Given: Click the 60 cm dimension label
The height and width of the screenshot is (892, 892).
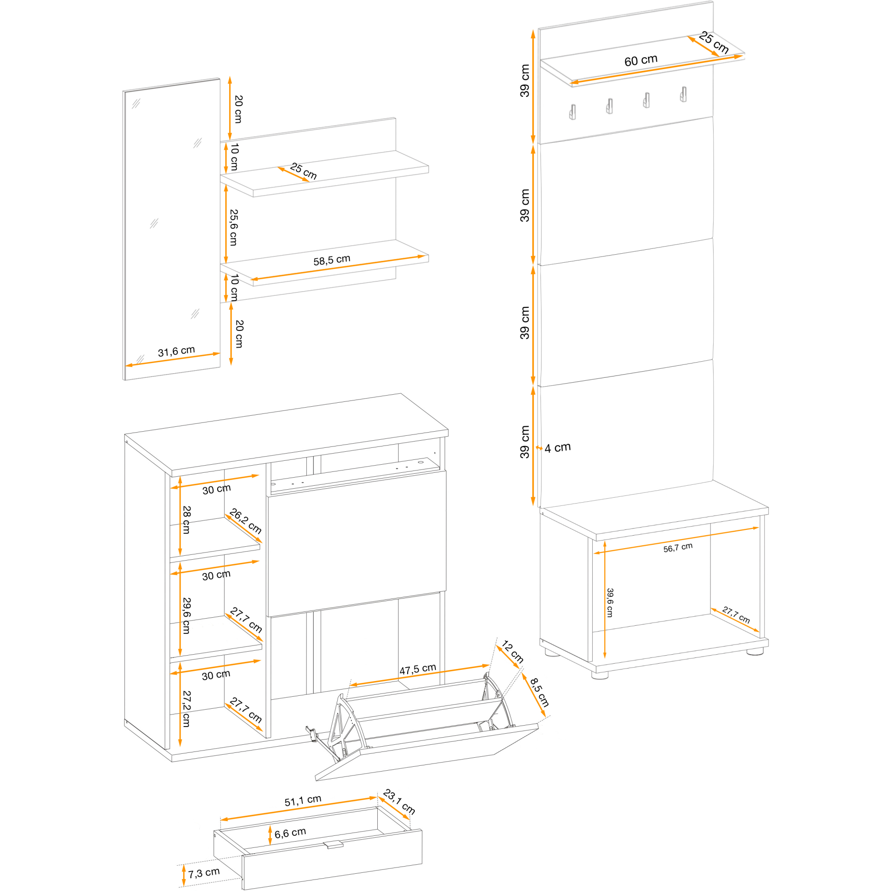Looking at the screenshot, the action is click(641, 61).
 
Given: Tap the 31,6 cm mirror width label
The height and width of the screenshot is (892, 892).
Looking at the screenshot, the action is click(176, 351).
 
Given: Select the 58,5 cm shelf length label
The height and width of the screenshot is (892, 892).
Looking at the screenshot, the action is click(332, 260).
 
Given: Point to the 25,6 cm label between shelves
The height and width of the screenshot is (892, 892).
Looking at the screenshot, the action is click(234, 227).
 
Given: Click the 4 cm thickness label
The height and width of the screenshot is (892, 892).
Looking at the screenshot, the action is click(558, 447).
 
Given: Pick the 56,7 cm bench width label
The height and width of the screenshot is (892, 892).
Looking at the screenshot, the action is click(678, 548).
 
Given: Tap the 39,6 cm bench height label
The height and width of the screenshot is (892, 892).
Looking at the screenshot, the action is click(610, 603).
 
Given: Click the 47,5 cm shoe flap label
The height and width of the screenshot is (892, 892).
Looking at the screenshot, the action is click(418, 669).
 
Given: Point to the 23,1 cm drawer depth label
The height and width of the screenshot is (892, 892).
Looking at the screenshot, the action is click(399, 801).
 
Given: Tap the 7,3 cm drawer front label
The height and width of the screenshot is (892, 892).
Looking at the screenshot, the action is click(204, 873).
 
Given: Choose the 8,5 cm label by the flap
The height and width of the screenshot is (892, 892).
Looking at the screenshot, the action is click(539, 692).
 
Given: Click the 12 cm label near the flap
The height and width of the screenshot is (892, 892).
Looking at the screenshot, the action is click(512, 652).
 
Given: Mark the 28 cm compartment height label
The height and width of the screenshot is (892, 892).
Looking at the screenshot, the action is click(186, 520).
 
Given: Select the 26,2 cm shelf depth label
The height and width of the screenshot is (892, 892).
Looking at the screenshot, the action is click(246, 521).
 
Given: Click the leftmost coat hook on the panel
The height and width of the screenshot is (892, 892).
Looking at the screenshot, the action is click(573, 112).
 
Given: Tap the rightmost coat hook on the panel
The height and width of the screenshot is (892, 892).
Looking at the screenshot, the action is click(683, 94).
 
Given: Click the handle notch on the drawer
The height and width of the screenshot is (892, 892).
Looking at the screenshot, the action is click(333, 845).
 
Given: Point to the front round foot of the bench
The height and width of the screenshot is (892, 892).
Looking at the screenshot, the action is click(600, 674).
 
